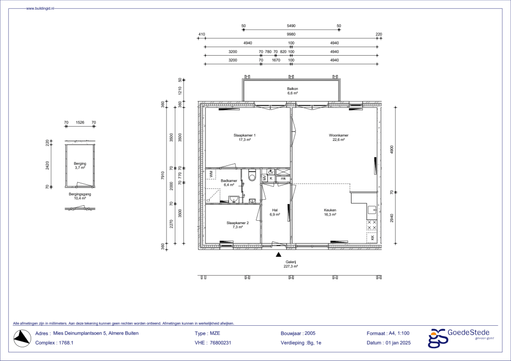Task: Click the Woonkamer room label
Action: pos(339,135)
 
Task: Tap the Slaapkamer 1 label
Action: pos(244,135)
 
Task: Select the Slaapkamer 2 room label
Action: pos(237,223)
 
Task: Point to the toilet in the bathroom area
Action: pos(250,177)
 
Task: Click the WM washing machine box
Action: pos(211,174)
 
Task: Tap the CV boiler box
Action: pos(270,172)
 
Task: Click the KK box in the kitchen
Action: pos(372,238)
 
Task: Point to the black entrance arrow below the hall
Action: pos(278,254)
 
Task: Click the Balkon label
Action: pos(292,89)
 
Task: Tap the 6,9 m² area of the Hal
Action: pos(275,215)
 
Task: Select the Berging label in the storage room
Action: pos(80,164)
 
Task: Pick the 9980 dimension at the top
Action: pos(291,35)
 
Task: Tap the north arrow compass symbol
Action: pos(21,338)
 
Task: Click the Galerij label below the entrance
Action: pos(291,262)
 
